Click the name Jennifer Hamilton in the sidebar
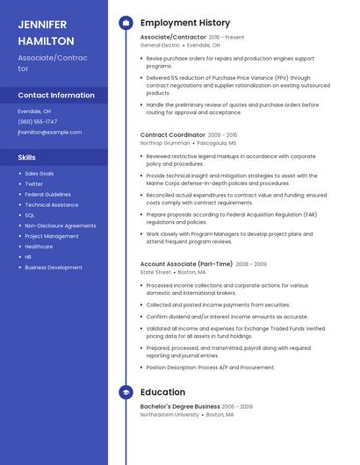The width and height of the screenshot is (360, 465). (46, 32)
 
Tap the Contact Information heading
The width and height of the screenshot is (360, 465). (56, 95)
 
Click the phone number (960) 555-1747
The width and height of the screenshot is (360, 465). (38, 122)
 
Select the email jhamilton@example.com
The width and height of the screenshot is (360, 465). (49, 132)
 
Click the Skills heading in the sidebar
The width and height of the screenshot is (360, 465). (26, 157)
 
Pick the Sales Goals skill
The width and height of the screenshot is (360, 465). (39, 174)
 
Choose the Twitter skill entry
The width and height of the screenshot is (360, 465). (33, 184)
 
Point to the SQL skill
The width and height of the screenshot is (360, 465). (30, 215)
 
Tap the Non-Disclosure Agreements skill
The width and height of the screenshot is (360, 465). (60, 225)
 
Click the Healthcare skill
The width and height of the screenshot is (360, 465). (39, 247)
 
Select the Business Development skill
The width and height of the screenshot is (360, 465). (54, 268)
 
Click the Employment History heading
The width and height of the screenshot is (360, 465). (185, 23)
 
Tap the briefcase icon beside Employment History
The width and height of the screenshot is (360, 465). (126, 23)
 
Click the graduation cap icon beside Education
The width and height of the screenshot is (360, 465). (126, 392)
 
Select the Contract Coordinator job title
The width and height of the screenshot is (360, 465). (172, 135)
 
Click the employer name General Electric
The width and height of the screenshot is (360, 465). (160, 45)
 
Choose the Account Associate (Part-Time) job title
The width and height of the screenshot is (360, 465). (186, 263)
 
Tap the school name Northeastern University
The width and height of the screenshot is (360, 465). (169, 414)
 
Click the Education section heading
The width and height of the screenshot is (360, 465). (162, 392)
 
